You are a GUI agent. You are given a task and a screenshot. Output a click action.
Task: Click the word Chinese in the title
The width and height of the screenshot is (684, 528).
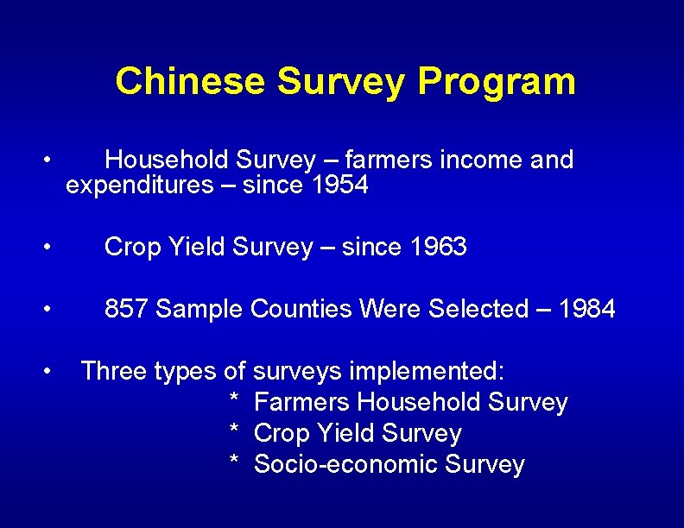190,82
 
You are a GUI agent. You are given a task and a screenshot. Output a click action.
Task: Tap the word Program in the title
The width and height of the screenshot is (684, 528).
496,82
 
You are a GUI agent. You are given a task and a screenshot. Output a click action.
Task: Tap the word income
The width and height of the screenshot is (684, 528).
479,160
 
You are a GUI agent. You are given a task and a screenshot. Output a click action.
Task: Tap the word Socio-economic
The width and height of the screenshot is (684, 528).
346,464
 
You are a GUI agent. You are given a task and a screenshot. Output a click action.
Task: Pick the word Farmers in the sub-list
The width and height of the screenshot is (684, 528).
302,402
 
